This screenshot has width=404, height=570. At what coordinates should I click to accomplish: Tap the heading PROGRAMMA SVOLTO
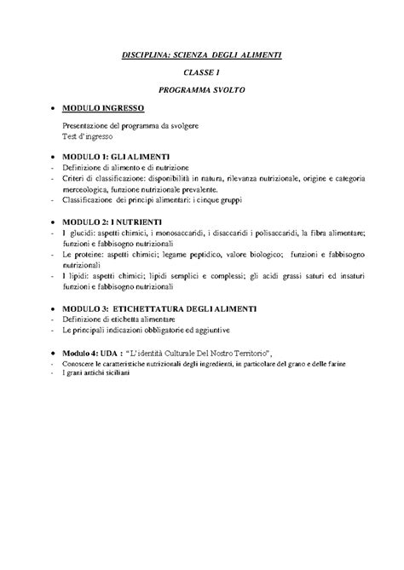(x=201, y=89)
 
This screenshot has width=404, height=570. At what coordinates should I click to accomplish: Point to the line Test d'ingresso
(x=87, y=135)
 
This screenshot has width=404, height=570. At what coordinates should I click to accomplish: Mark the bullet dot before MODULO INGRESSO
(x=53, y=109)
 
